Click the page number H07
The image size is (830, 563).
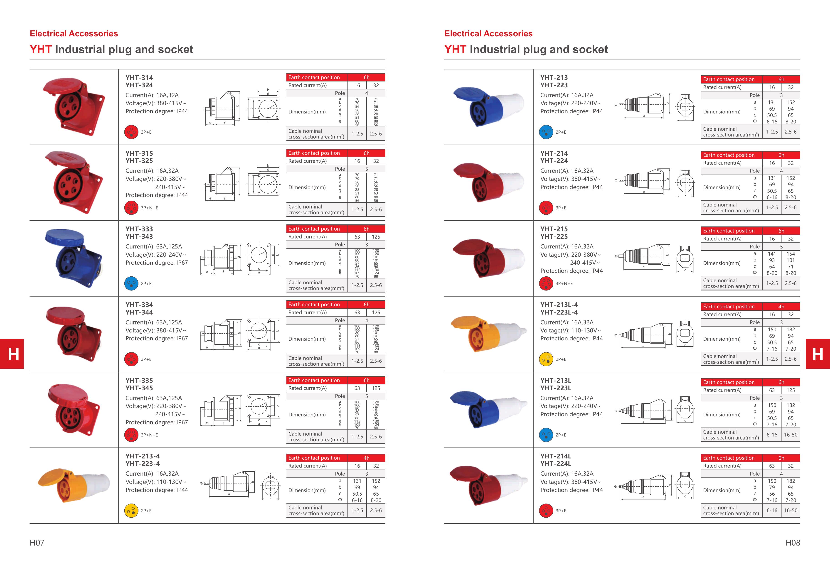(x=37, y=543)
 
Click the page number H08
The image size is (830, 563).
(x=793, y=543)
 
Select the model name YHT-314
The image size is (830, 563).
(x=139, y=77)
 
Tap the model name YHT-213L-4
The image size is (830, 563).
(x=559, y=305)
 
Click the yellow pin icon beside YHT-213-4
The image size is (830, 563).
(x=131, y=511)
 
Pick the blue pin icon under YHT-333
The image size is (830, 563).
(x=131, y=283)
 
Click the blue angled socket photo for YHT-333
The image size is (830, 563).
(x=74, y=258)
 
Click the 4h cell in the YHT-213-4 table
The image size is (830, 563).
(x=366, y=458)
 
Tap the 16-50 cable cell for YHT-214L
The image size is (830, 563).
(x=790, y=510)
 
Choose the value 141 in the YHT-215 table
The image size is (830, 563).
(x=772, y=254)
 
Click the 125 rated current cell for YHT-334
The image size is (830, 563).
(x=376, y=312)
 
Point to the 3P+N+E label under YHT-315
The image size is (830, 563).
(x=149, y=208)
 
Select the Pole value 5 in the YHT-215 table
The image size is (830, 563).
(x=781, y=246)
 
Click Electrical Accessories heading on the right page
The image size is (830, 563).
(x=488, y=34)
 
